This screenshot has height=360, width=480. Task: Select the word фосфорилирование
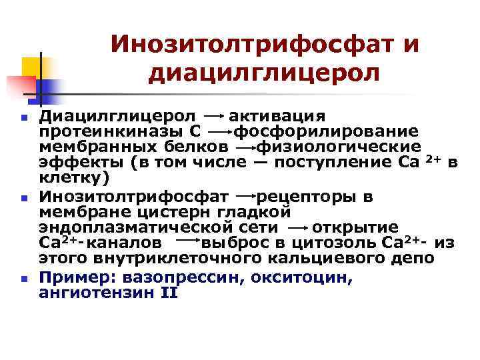point(327,131)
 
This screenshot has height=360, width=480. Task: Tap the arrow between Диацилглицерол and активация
point(215,117)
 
